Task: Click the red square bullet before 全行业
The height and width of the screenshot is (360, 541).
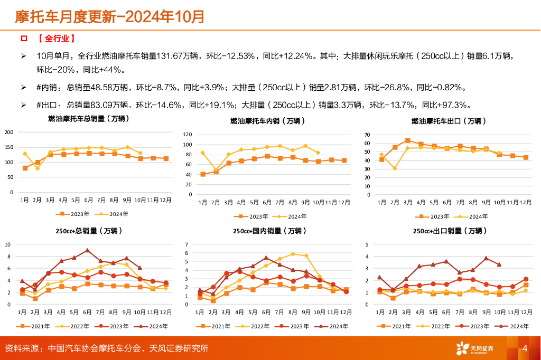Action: pos(23,39)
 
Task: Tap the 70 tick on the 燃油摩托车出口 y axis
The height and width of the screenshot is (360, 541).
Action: pos(368,135)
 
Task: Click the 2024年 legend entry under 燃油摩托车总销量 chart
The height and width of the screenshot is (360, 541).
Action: pos(114,214)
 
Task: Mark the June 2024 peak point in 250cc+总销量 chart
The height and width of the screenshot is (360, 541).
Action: pos(87,250)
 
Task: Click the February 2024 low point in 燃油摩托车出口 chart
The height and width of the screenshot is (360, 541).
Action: pos(395,168)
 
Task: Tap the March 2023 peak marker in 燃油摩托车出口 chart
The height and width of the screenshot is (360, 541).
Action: pos(408,140)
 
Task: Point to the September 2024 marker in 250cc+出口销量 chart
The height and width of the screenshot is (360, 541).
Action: pos(486,258)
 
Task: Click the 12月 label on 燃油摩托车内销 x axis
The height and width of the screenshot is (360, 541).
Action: pos(344,203)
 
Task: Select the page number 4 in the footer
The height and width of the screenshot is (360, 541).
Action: pos(525,348)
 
